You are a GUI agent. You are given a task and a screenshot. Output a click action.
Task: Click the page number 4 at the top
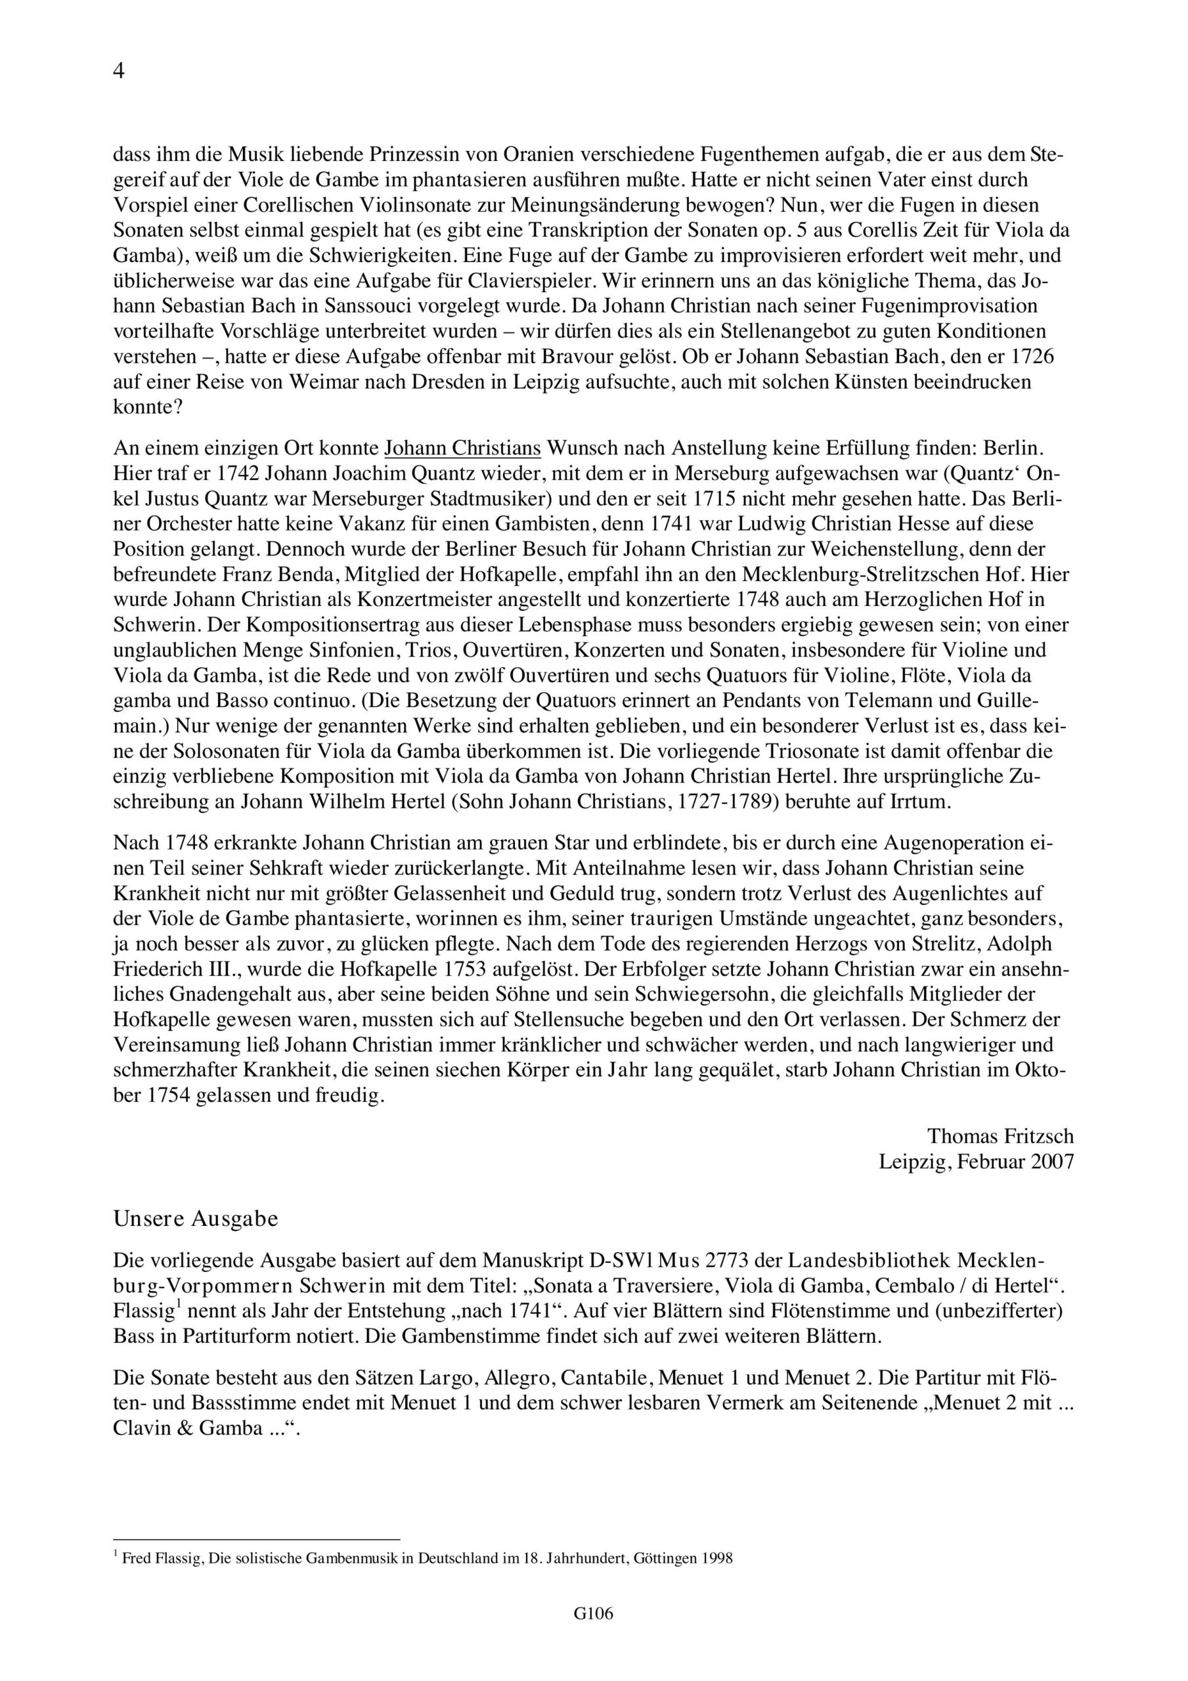pos(119,71)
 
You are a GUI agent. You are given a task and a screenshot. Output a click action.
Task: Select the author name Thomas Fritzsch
pos(1000,1135)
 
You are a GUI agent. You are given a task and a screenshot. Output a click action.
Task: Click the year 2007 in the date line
pos(1053,1161)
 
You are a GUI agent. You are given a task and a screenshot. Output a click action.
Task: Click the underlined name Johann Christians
pos(463,447)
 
